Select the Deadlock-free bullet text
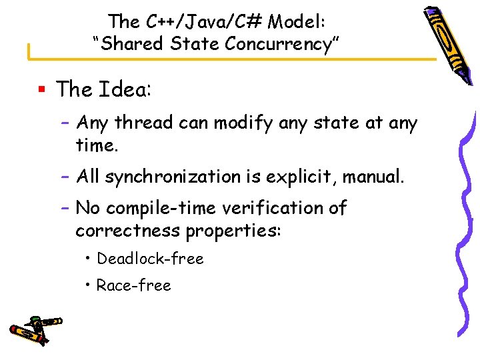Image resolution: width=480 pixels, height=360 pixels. pyautogui.click(x=150, y=259)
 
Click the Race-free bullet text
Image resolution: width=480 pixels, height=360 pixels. pyautogui.click(x=134, y=285)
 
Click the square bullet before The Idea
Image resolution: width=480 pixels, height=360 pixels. pyautogui.click(x=41, y=89)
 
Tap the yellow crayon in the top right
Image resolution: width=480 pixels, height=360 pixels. pyautogui.click(x=443, y=43)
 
